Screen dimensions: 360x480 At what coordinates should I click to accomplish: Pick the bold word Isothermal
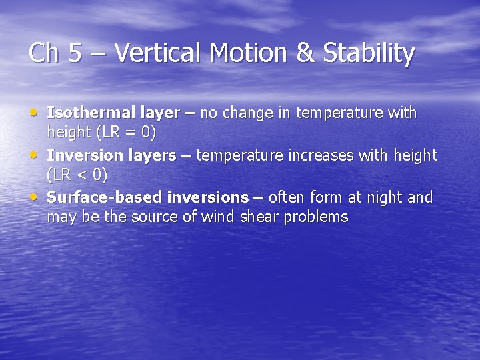83,113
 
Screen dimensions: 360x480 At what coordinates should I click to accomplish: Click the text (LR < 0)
77,175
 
